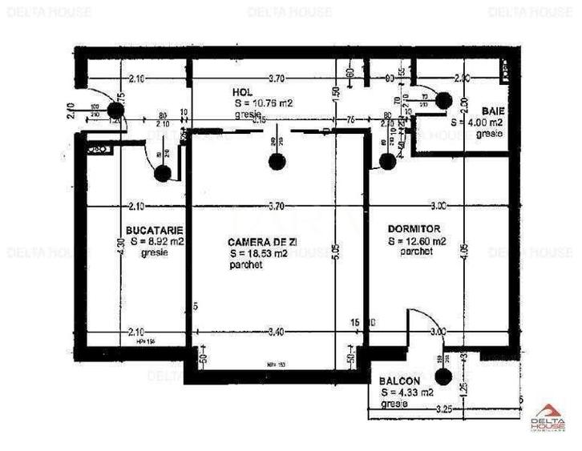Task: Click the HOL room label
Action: click(244, 93)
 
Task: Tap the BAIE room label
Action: click(492, 111)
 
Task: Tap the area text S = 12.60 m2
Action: click(417, 240)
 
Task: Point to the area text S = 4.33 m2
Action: click(407, 393)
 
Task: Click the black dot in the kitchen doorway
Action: click(163, 171)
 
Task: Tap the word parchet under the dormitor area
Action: click(417, 251)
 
